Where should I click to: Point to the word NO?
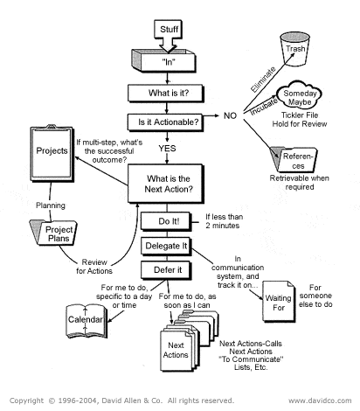click(x=230, y=115)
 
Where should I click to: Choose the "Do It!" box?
click(x=170, y=222)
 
